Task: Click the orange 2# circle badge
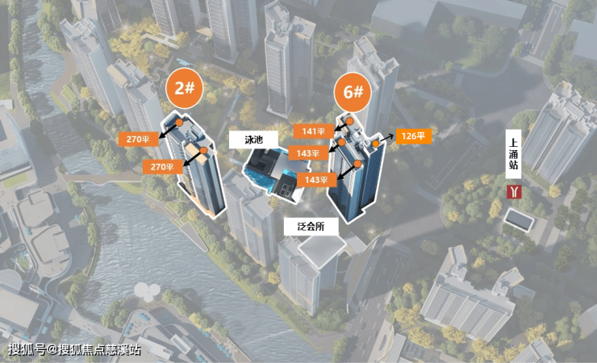(185, 88)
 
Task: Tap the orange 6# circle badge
(353, 92)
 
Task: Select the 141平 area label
(313, 131)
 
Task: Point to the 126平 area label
(414, 136)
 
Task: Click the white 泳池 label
(253, 140)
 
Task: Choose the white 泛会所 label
(311, 227)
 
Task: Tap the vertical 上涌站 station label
(513, 154)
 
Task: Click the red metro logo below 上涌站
(514, 192)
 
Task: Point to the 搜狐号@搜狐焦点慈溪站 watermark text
(74, 349)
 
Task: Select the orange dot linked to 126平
(375, 144)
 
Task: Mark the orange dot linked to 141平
(349, 121)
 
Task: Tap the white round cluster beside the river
(147, 291)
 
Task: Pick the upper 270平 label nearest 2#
(138, 139)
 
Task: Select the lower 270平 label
(163, 167)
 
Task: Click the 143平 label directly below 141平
(308, 153)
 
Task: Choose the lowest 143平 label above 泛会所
(316, 179)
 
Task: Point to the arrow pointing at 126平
(386, 138)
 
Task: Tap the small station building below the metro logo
(519, 219)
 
